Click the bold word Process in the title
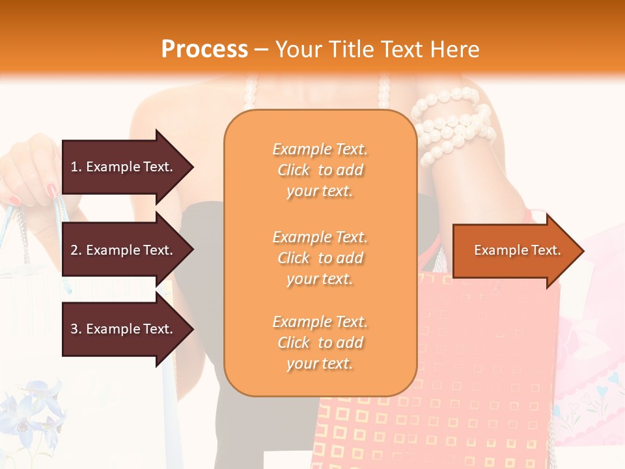pos(204,49)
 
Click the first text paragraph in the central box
pos(320,170)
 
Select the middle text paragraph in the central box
pos(320,258)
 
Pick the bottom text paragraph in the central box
pos(320,343)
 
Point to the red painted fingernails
pos(52,191)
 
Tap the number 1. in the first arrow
pos(76,167)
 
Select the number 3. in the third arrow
pos(76,329)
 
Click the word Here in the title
pos(455,49)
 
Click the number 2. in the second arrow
pos(76,250)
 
